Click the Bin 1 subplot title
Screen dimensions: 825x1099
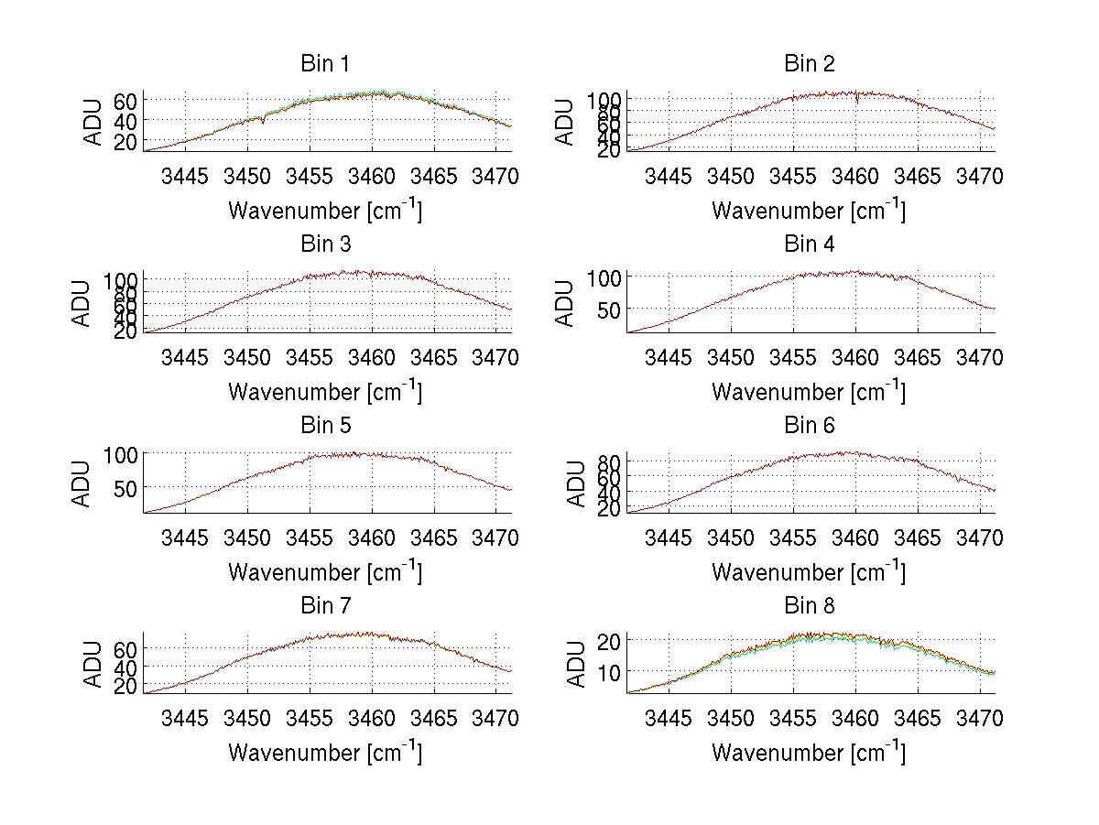point(324,64)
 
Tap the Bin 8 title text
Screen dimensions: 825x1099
point(809,606)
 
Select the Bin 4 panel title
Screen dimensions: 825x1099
point(809,244)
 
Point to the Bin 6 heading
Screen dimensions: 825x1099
point(809,425)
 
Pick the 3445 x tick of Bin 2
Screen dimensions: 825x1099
point(669,176)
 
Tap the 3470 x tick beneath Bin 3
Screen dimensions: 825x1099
point(495,357)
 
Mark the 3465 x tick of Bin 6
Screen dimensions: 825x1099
point(917,537)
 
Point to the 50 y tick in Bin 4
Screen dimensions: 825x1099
point(609,309)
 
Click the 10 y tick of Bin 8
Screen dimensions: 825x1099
point(609,671)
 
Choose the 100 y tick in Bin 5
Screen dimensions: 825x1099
point(121,454)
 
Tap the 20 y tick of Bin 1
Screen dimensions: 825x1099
point(125,141)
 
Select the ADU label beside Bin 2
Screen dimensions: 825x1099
point(565,122)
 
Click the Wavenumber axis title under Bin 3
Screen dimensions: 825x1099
point(325,391)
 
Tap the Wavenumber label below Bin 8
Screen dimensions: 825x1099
point(809,752)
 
